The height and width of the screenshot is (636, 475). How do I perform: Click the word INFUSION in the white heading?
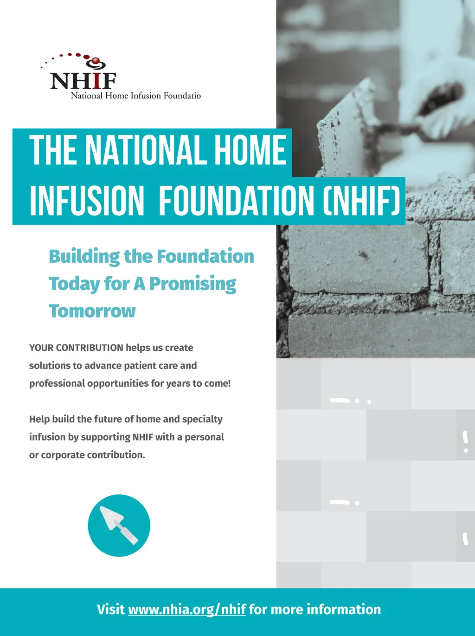pos(87,201)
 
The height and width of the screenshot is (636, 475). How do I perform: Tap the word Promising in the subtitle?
pos(193,284)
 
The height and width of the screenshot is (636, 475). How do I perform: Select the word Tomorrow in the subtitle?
pos(92,311)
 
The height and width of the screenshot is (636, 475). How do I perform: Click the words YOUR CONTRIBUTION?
pos(76,348)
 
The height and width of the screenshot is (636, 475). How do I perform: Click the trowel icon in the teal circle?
pos(119,526)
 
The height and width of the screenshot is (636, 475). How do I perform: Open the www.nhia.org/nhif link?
pos(187,610)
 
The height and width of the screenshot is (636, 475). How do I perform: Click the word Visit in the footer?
pos(111,610)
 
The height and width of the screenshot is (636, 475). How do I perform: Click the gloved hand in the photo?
pos(434,101)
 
